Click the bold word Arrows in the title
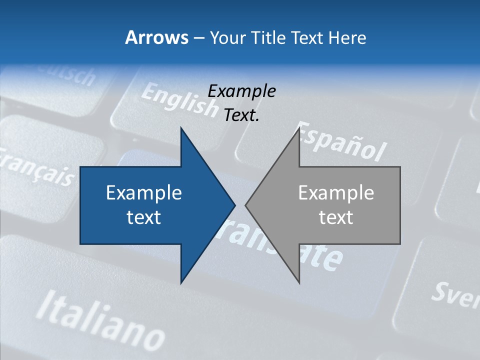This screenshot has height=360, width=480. [x=156, y=38]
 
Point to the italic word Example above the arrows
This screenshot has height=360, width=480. [x=241, y=91]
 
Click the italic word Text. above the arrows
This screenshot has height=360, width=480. [x=241, y=115]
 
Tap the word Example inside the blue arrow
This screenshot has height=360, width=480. [x=144, y=193]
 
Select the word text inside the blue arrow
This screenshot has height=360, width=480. [x=144, y=217]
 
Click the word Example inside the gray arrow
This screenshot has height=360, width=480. [x=336, y=193]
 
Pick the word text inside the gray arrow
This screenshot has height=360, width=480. [x=336, y=217]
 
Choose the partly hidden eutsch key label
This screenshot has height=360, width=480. [x=70, y=75]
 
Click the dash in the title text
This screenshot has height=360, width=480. [x=198, y=38]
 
